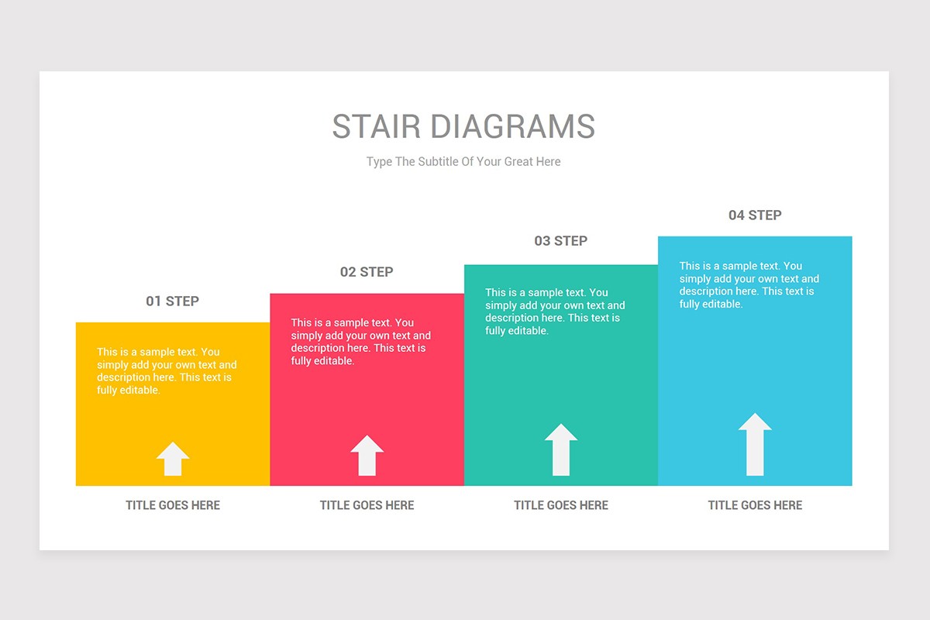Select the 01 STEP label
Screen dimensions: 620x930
(x=172, y=301)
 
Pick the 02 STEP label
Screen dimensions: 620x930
(x=367, y=272)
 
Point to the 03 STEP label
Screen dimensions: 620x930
(x=560, y=241)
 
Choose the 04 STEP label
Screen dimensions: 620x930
(x=755, y=215)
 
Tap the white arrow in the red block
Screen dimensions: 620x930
(x=367, y=456)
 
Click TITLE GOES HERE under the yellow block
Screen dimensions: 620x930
(x=173, y=505)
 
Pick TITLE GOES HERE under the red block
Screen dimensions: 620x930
(x=367, y=505)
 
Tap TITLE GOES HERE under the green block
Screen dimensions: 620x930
(x=561, y=505)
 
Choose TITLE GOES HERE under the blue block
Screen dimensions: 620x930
(x=755, y=505)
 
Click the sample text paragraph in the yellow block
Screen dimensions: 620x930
(x=166, y=371)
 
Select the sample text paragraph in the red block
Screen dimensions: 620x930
(x=360, y=342)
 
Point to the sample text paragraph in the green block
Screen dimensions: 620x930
(x=554, y=312)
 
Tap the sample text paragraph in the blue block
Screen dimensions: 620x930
(x=749, y=285)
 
